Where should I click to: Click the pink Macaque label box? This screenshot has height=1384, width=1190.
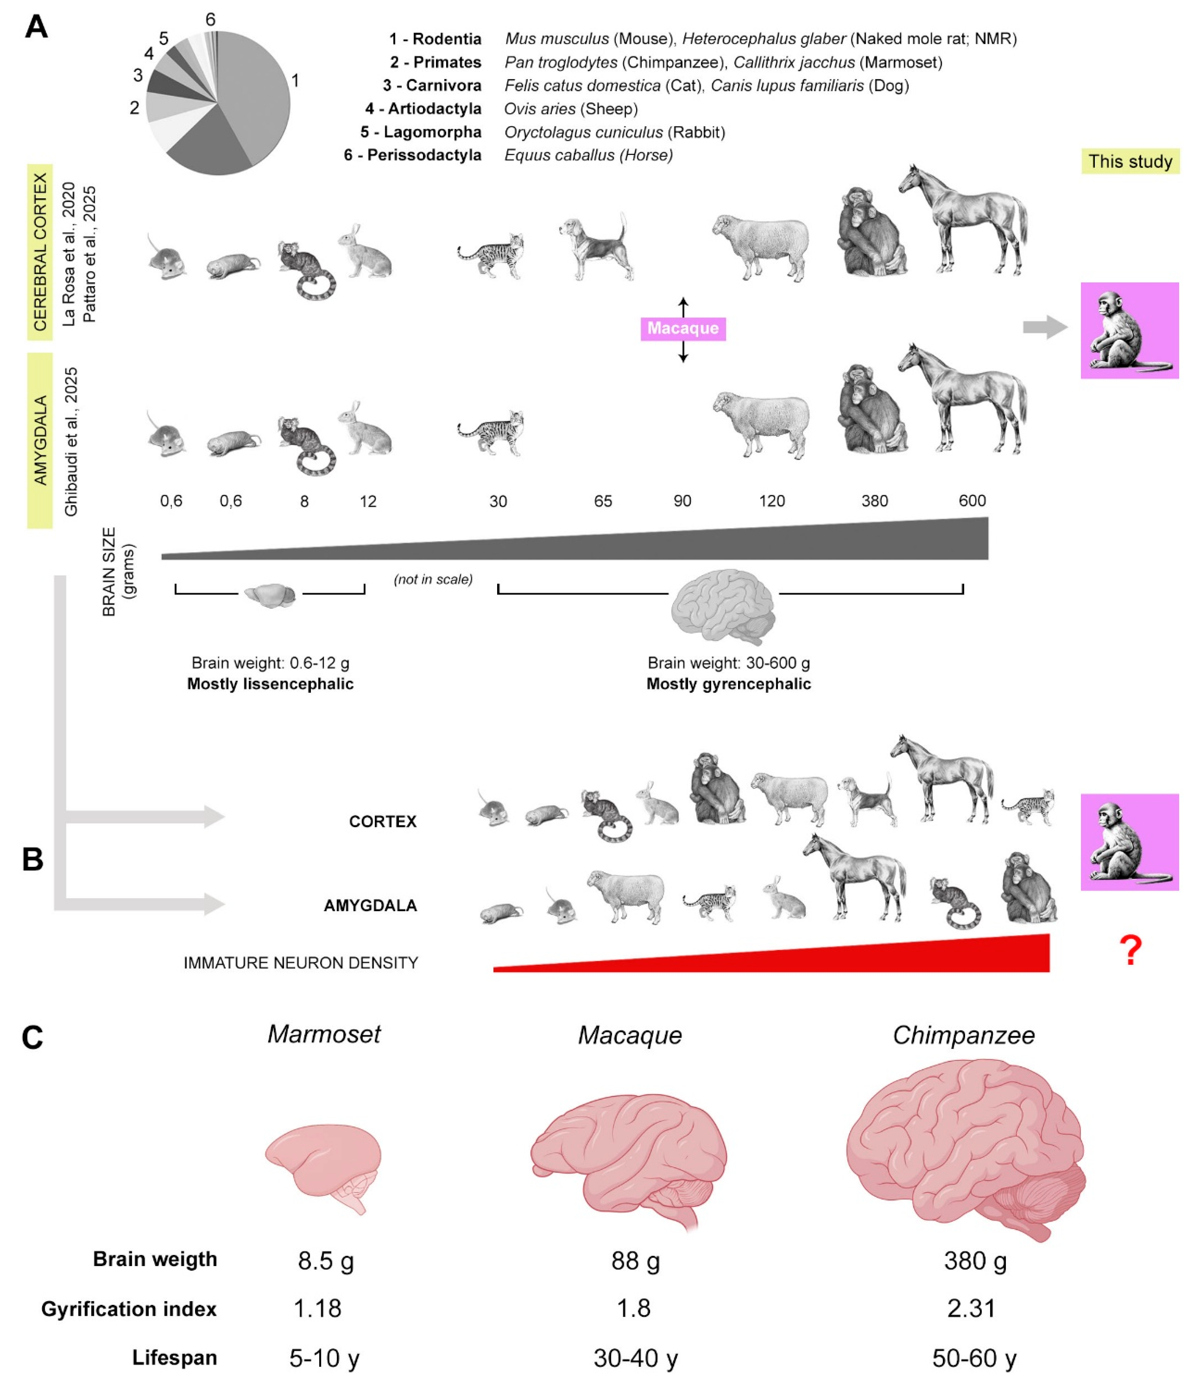[x=682, y=328]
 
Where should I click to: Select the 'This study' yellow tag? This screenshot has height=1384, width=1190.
[x=1130, y=162]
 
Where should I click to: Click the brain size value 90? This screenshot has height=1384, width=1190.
[x=682, y=501]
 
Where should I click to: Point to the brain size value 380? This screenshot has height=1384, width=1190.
[x=875, y=501]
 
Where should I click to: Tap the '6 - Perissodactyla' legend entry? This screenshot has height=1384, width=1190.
[x=413, y=155]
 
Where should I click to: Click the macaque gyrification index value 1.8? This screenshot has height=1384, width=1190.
[x=633, y=1308]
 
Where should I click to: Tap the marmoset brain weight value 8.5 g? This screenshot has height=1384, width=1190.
[x=326, y=1260]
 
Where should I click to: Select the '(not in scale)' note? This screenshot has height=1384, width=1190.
[x=433, y=579]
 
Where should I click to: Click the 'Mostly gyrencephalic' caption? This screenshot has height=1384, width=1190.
[x=728, y=684]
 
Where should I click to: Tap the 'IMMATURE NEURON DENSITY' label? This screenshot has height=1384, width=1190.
[x=301, y=962]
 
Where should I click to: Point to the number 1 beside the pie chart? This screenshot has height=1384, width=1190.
[x=295, y=81]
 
